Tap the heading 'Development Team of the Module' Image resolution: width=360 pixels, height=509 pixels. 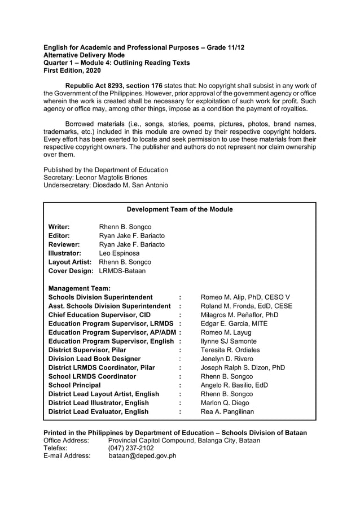[x=179, y=209]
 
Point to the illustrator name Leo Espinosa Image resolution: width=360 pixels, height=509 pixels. [x=119, y=253]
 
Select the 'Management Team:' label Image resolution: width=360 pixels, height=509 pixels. [x=80, y=288]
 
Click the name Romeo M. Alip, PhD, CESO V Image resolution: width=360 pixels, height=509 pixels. [x=245, y=297]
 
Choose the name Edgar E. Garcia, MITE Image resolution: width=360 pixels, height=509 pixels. [x=234, y=324]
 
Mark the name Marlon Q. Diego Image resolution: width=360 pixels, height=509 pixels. [x=226, y=403]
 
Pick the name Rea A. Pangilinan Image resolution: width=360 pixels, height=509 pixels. [x=227, y=411]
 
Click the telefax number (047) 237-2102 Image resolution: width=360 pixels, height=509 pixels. [x=130, y=447]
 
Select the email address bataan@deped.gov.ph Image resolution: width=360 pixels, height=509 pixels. [x=142, y=456]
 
